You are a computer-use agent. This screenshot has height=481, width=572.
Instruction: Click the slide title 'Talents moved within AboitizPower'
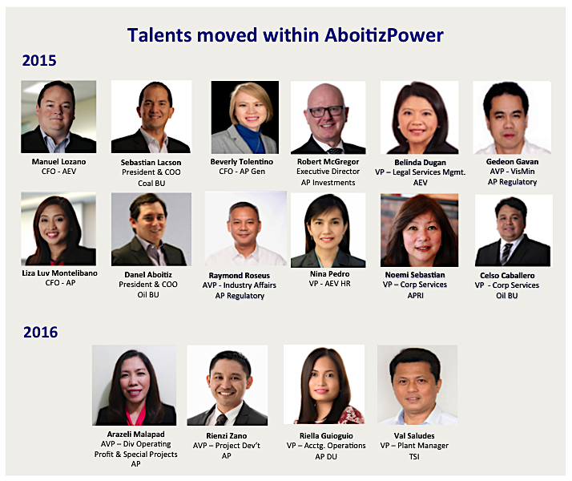pos(285,34)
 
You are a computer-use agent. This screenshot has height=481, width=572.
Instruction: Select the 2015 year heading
pos(39,60)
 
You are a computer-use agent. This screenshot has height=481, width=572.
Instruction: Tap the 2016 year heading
pos(39,332)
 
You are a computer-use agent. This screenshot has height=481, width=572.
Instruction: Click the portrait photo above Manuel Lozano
pos(58,117)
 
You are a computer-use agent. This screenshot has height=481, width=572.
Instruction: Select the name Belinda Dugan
pos(421,160)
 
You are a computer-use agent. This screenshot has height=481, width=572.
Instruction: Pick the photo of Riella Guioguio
pos(324,385)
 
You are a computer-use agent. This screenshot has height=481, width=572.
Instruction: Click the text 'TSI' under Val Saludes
pos(415,456)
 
